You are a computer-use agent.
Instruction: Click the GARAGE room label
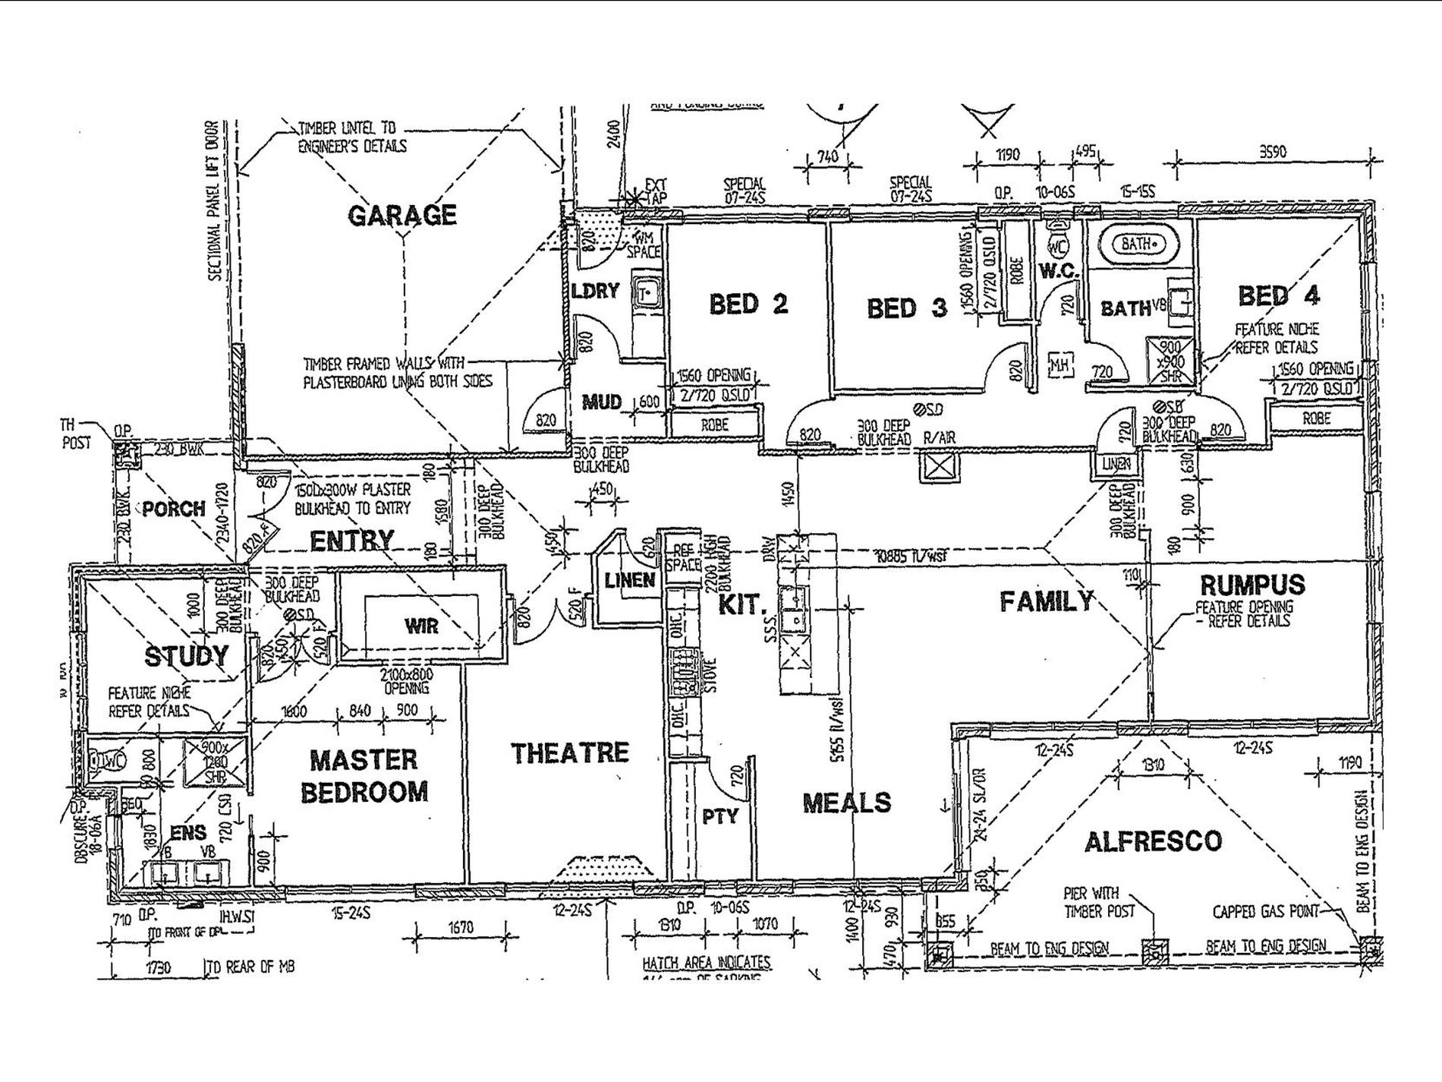click(x=402, y=216)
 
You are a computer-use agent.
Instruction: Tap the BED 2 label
click(x=748, y=304)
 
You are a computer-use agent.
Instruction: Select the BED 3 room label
click(x=907, y=308)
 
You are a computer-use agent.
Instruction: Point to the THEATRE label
click(x=570, y=752)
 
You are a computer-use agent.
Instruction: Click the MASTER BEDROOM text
click(x=364, y=775)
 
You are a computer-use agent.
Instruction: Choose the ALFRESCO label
click(x=1154, y=841)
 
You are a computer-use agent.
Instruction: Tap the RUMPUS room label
click(x=1252, y=585)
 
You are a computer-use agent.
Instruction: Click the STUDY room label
click(x=186, y=656)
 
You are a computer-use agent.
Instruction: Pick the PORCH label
click(x=174, y=509)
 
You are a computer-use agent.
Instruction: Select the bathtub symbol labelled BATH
click(x=1138, y=244)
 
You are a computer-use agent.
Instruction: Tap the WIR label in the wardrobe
click(x=421, y=626)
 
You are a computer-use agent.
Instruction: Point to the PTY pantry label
click(x=720, y=816)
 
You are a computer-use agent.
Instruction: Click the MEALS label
click(x=847, y=803)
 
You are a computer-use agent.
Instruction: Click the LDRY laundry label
click(x=596, y=291)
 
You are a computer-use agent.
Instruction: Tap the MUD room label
click(x=602, y=402)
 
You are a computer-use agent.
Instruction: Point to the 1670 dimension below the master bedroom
click(x=461, y=928)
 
